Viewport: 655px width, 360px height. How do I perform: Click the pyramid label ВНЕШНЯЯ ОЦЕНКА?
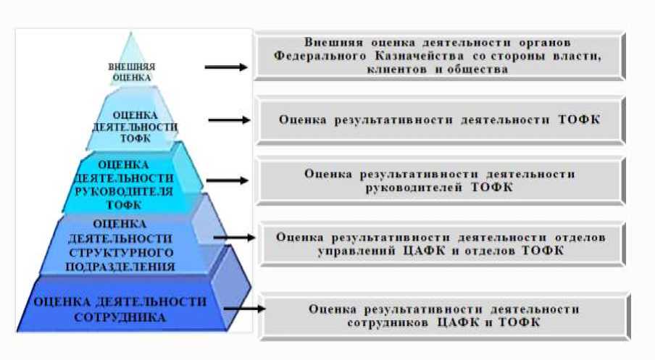tap(130, 70)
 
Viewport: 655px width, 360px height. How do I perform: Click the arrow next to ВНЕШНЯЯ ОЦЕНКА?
tap(226, 67)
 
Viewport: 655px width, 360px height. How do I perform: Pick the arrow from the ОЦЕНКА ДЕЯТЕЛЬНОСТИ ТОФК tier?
tap(230, 120)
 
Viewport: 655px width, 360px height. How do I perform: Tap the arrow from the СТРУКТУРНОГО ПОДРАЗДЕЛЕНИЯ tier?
tap(234, 237)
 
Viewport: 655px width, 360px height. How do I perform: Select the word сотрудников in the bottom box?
tap(388, 322)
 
